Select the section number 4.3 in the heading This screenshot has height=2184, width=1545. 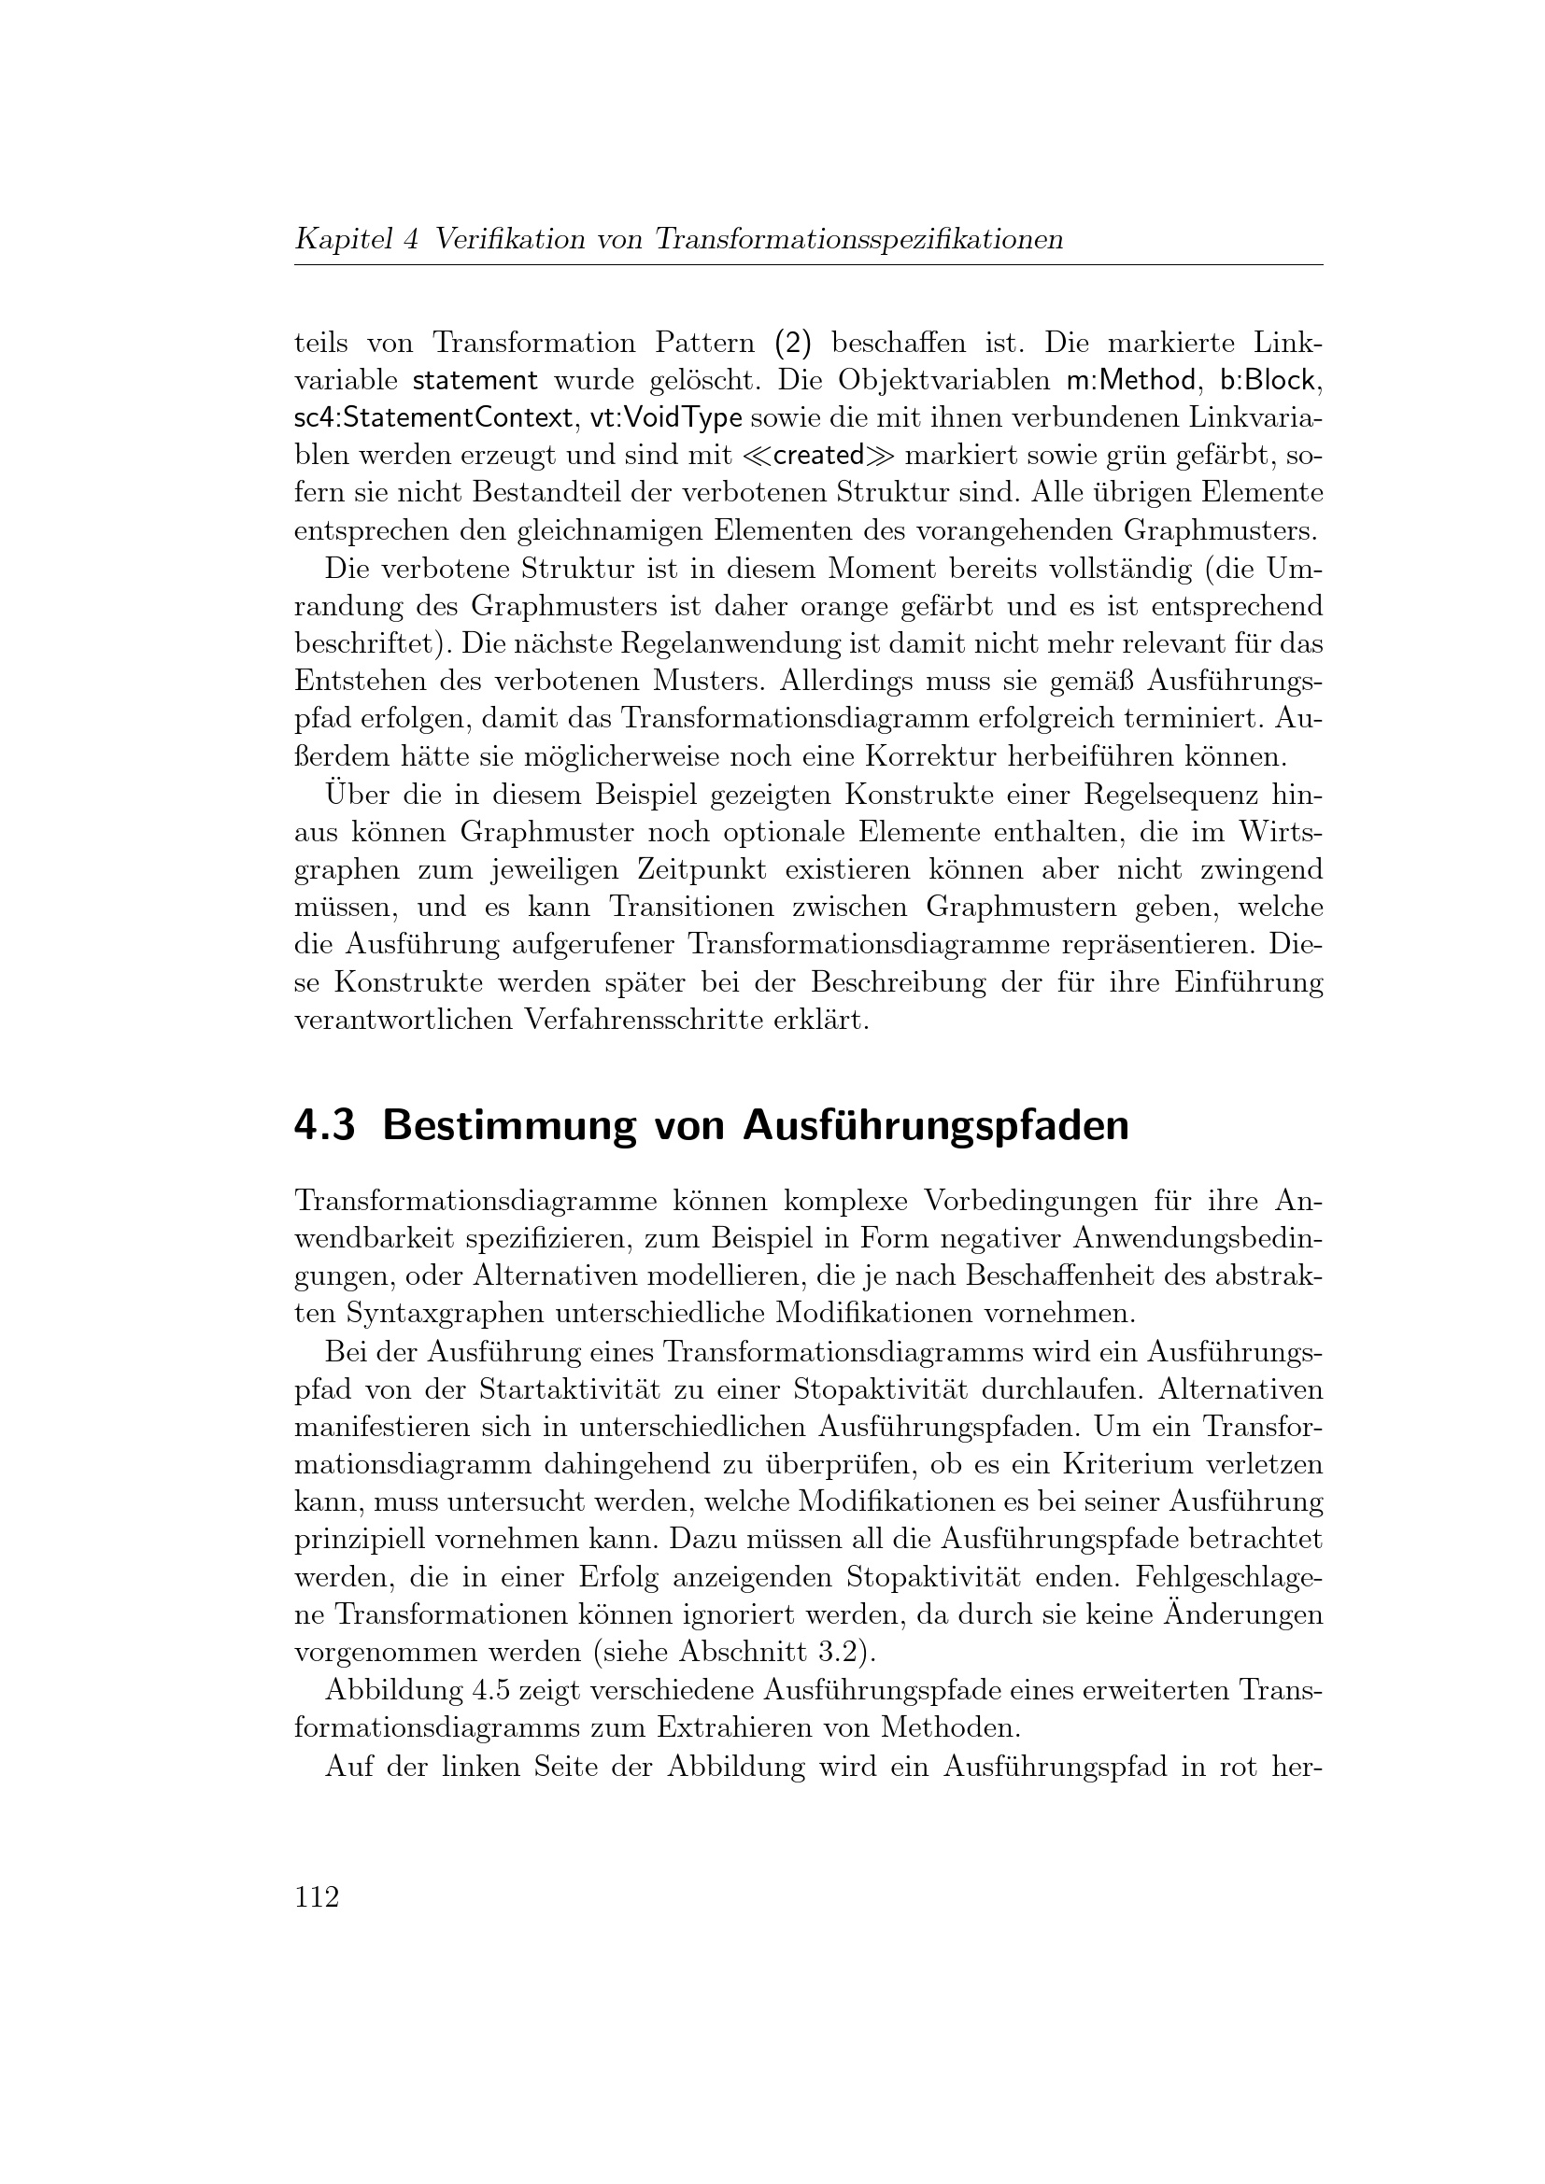point(324,1126)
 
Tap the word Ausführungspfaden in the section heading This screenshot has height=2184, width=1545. point(935,1126)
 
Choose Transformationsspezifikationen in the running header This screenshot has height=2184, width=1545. point(858,239)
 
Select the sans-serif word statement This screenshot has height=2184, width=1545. point(475,380)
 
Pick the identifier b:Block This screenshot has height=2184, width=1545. point(1269,380)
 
